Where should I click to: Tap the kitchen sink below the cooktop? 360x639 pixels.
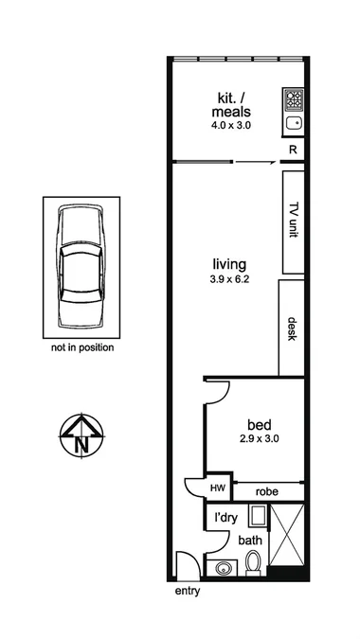(x=294, y=121)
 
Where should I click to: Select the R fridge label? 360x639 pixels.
(x=293, y=150)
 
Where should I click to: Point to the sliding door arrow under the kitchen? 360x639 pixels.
(x=251, y=162)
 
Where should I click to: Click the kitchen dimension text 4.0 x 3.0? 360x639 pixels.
(x=230, y=125)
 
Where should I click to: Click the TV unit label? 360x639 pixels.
(x=293, y=222)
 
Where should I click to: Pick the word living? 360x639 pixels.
(x=230, y=263)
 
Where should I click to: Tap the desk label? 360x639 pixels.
(x=293, y=328)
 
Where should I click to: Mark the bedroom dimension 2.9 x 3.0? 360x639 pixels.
(x=259, y=438)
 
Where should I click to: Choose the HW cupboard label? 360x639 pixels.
(x=218, y=488)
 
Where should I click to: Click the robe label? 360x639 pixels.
(x=268, y=492)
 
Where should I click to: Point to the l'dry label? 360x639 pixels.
(x=225, y=520)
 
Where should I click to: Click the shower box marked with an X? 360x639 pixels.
(x=287, y=540)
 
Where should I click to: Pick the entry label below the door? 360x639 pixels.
(x=189, y=593)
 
